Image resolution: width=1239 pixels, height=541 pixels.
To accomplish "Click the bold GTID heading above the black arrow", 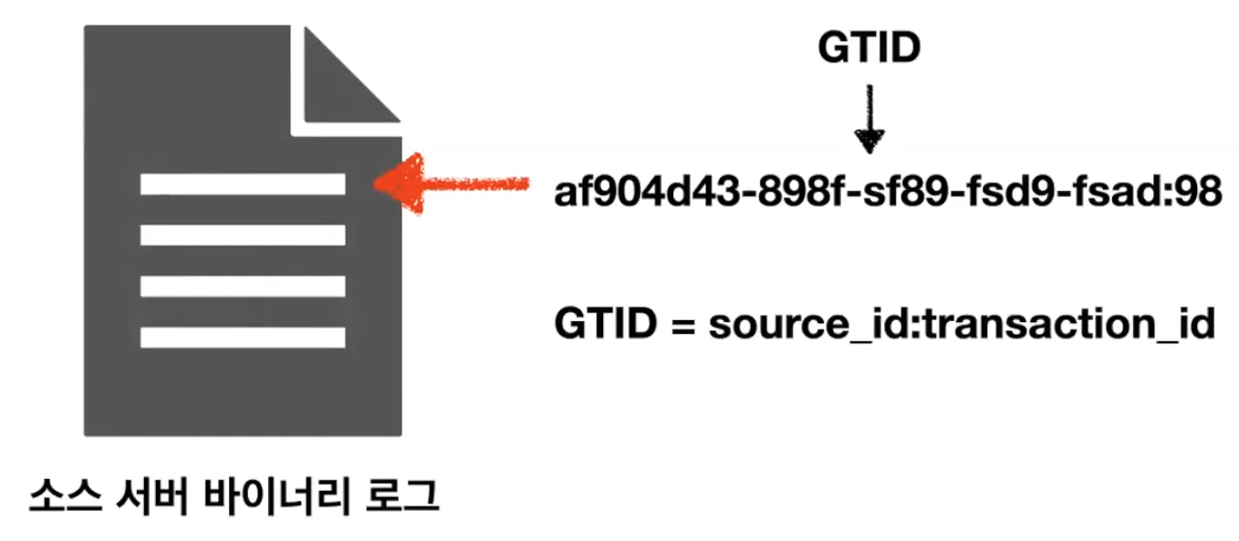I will (x=868, y=47).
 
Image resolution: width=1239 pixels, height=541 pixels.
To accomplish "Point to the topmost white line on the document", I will (x=243, y=184).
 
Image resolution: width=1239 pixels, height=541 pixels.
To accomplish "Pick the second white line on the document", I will (x=243, y=234).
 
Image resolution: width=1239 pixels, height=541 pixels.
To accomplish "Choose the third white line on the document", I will (x=243, y=286).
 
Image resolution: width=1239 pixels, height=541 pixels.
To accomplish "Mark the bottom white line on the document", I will (x=243, y=337).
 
